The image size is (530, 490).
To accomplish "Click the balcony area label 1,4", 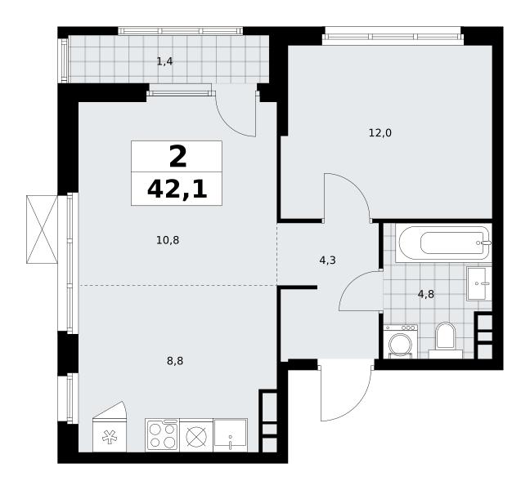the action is click(x=165, y=62).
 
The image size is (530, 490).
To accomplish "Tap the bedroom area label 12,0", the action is click(x=380, y=133).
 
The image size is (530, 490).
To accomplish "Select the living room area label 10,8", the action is click(x=168, y=240).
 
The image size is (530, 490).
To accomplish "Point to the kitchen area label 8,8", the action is click(x=175, y=361).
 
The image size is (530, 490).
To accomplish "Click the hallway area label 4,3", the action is click(x=327, y=261).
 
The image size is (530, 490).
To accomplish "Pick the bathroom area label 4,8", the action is click(x=426, y=294).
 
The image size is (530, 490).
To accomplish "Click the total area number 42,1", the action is click(x=177, y=190).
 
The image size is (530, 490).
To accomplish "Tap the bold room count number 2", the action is click(x=177, y=157).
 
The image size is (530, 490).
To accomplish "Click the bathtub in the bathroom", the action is click(x=443, y=243).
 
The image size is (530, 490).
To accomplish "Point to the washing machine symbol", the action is click(x=401, y=341).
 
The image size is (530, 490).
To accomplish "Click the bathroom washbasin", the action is click(x=479, y=283).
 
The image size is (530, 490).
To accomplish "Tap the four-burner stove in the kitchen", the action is click(x=163, y=435).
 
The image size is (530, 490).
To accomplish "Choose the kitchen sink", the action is click(x=231, y=435).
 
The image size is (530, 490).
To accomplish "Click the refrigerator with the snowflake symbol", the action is click(x=109, y=427).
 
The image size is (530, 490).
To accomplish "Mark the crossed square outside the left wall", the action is click(x=42, y=229).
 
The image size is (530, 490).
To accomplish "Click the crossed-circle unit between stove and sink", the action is click(x=196, y=435).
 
